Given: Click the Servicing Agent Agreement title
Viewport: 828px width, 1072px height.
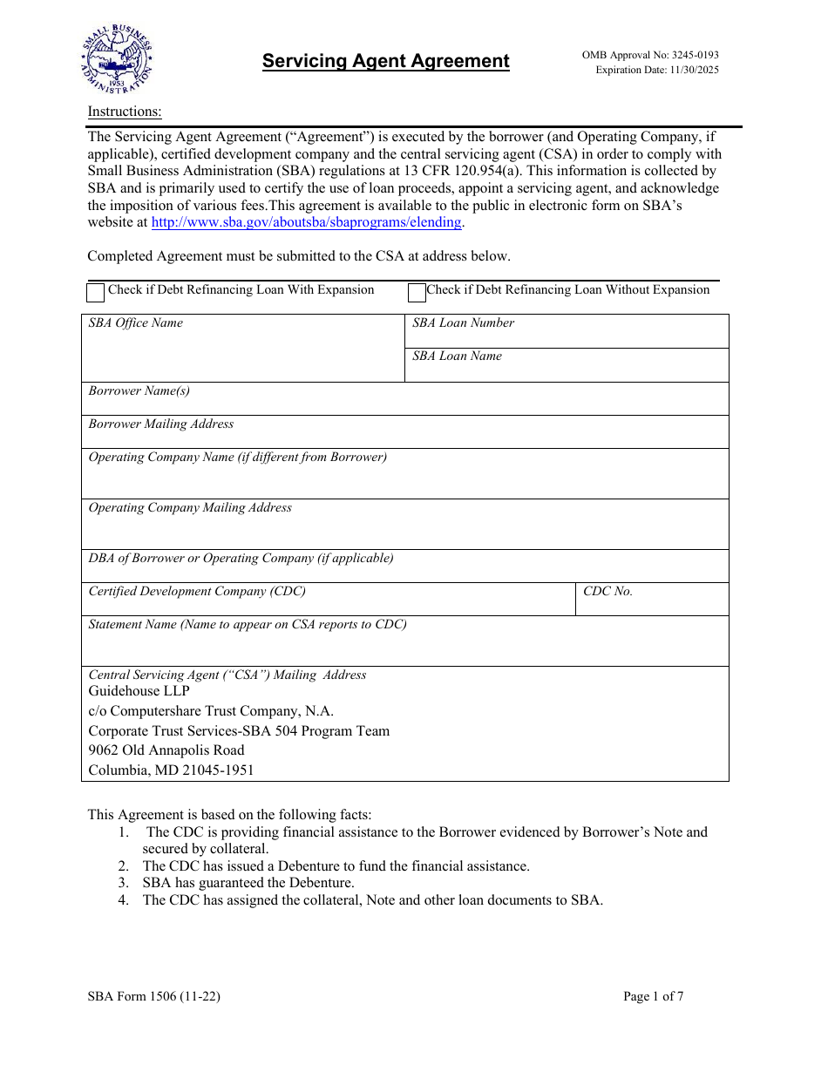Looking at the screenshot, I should [385, 61].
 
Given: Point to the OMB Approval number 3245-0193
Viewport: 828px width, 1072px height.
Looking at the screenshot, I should [650, 55].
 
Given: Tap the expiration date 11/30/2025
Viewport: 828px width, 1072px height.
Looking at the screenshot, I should [657, 70].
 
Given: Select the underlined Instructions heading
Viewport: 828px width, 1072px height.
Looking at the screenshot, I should [125, 112].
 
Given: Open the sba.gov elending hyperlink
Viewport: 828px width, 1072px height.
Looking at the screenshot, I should [306, 222].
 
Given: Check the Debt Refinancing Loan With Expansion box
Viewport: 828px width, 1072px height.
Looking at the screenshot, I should [96, 292].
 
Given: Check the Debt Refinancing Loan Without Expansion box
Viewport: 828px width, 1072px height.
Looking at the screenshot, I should [417, 292].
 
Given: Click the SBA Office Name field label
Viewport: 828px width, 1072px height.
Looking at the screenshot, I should [136, 322].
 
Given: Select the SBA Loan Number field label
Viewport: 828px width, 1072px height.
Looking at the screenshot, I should [463, 322].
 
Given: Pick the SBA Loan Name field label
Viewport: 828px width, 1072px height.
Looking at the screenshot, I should [457, 356].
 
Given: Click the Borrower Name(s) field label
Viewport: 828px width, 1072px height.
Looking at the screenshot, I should [139, 390].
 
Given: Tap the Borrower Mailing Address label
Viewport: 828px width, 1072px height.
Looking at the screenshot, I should [161, 424].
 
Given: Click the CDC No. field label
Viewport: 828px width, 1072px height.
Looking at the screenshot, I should [607, 591].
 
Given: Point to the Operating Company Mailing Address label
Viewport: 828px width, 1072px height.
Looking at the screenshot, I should [190, 507].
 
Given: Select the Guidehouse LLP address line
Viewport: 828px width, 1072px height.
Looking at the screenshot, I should [139, 691].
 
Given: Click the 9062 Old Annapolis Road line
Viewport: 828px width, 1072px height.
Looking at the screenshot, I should [166, 750].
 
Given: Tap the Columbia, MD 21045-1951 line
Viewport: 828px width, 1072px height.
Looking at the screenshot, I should [172, 770].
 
